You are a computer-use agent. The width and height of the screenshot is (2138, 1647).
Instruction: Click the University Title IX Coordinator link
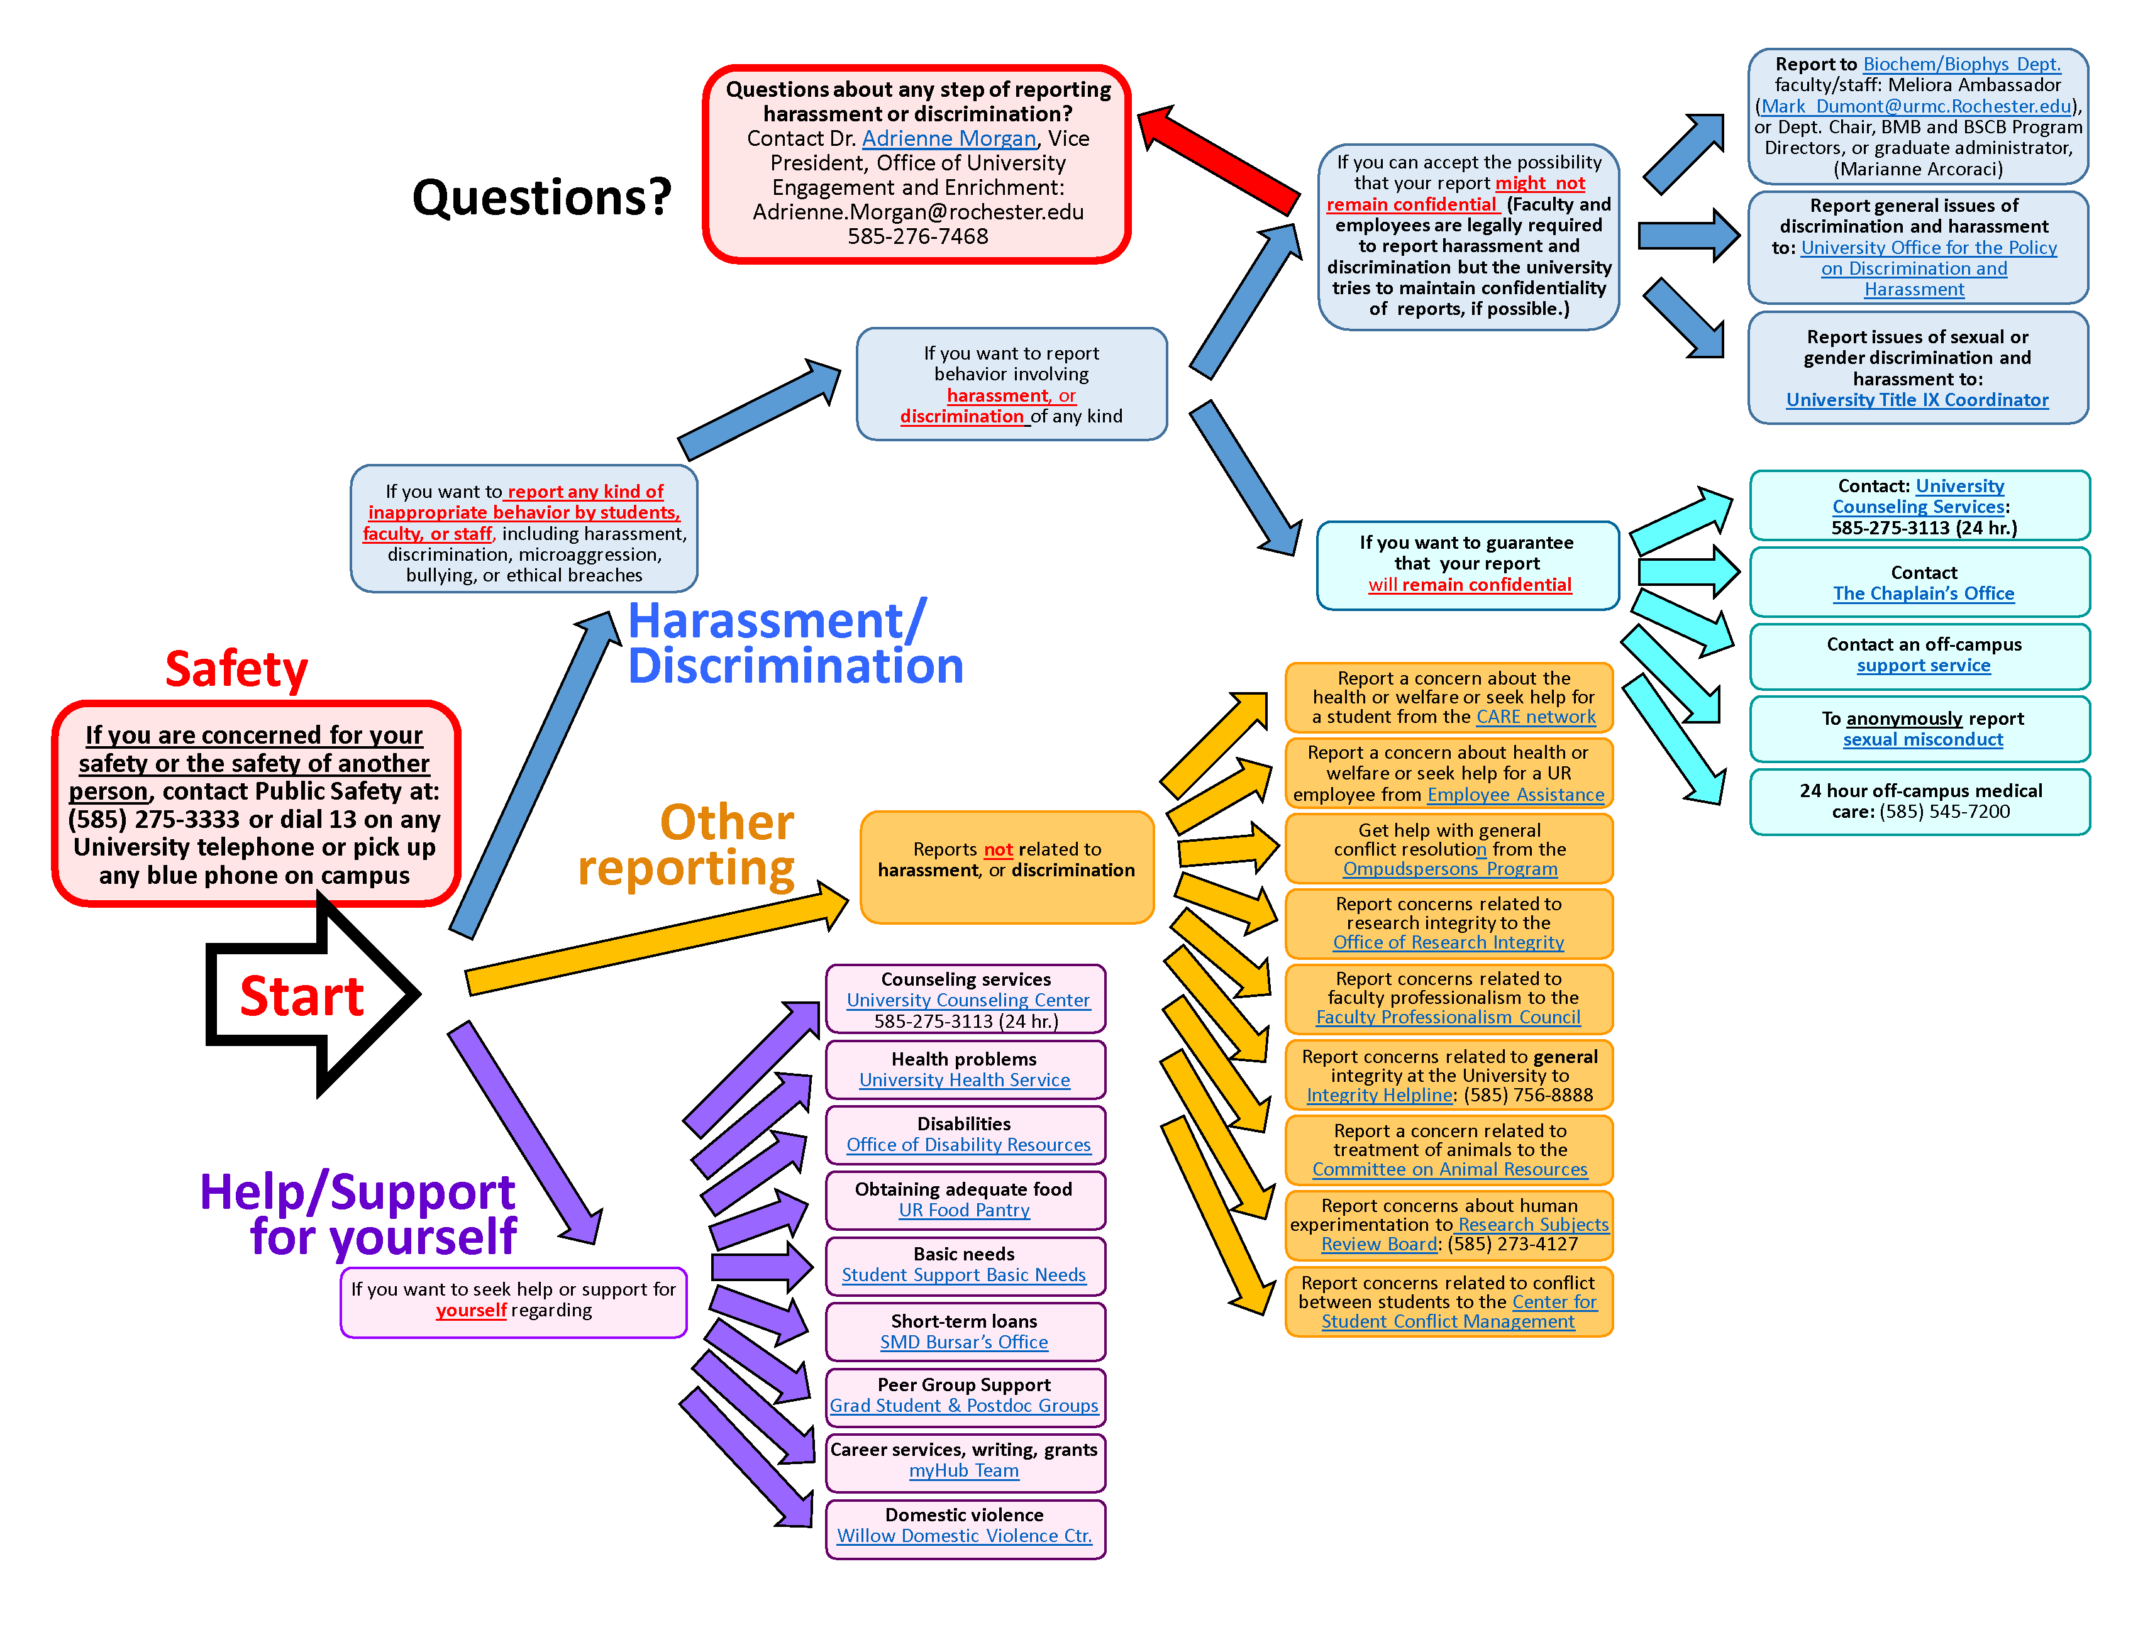coord(1916,400)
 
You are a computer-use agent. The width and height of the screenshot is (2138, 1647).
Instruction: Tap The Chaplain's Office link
coord(1923,594)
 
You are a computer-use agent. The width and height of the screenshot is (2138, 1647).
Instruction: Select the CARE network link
coord(1535,717)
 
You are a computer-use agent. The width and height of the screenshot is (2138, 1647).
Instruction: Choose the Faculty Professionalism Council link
coord(1447,1018)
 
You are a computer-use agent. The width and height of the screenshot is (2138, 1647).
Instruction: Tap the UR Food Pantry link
coord(963,1211)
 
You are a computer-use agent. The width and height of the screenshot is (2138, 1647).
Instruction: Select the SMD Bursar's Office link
coord(963,1343)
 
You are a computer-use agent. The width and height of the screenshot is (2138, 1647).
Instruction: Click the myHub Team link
coord(963,1471)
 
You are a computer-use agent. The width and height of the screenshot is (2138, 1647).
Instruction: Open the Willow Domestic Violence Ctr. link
coord(963,1536)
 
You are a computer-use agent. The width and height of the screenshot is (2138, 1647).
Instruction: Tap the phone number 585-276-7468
coord(917,237)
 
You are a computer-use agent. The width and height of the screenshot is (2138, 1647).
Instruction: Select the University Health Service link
coord(963,1081)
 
